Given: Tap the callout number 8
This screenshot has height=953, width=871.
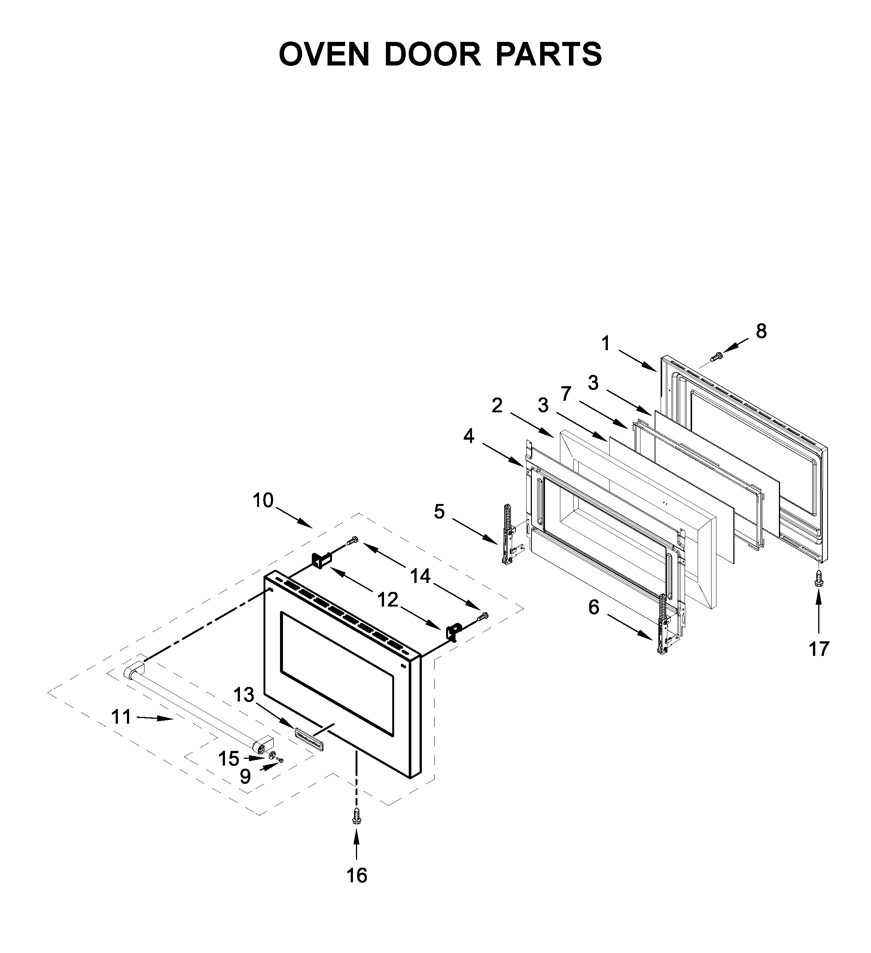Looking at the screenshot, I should [x=761, y=332].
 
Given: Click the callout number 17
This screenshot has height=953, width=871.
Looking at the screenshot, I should [x=819, y=649].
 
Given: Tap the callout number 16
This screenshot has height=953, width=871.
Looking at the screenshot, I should [x=357, y=876].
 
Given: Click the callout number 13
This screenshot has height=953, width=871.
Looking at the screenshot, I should [x=244, y=695].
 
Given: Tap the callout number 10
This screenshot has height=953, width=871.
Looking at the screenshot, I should [x=263, y=500].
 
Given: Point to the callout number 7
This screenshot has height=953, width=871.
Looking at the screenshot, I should [x=566, y=393].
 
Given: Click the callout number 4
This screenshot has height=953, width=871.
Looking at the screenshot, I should [x=468, y=436].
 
